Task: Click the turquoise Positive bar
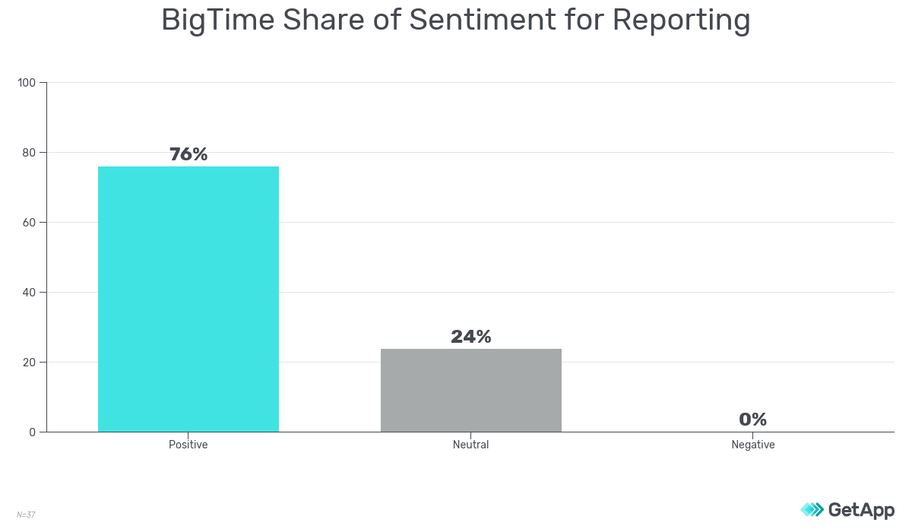coord(188,299)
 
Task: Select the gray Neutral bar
coord(471,390)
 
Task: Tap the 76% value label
coord(188,154)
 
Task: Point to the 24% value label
coord(471,337)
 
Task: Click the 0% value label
coord(752,420)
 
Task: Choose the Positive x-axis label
coord(188,445)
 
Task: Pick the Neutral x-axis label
coord(471,445)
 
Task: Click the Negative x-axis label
coord(752,445)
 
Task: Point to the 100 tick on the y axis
coord(27,82)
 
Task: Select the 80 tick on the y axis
coord(30,152)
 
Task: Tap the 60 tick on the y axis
coord(30,222)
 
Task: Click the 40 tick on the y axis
coord(30,292)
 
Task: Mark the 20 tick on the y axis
coord(30,362)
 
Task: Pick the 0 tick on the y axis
coord(33,432)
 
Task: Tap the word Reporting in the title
coord(682,21)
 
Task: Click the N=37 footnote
coord(26,515)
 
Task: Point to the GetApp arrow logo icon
coord(812,509)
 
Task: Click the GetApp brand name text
coord(861,509)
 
